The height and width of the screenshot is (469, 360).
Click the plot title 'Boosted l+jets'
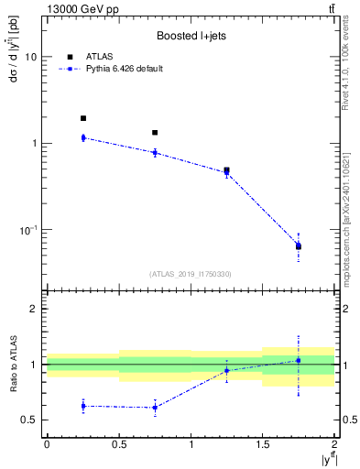tap(189, 36)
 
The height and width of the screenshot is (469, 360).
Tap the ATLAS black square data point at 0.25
tap(82, 118)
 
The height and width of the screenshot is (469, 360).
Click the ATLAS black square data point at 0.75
tap(155, 133)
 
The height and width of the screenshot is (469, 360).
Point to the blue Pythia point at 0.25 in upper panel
tap(82, 137)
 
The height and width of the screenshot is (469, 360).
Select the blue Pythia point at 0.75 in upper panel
tap(155, 152)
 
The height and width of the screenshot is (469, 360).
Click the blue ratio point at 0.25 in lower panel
tap(82, 406)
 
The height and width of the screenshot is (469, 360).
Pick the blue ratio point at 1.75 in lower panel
tap(299, 360)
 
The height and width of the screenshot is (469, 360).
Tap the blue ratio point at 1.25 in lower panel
tap(226, 370)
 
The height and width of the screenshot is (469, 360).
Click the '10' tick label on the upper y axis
tap(30, 57)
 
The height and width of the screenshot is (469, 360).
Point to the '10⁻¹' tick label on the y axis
tap(28, 229)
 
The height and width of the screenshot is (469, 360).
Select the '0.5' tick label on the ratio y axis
tap(28, 420)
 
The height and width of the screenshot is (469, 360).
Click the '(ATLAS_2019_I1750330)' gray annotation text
tap(190, 273)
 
